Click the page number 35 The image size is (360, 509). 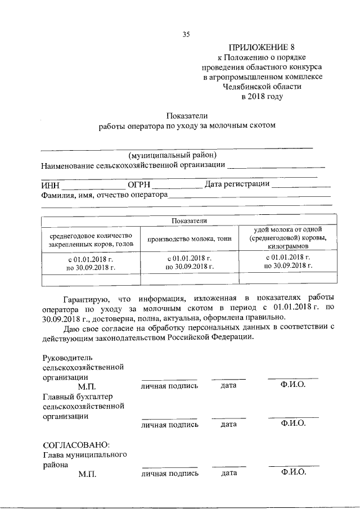pos(186,35)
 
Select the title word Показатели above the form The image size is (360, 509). pos(186,115)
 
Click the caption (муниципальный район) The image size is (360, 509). pos(172,155)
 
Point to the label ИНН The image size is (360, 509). pos(50,185)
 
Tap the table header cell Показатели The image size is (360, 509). pos(189,221)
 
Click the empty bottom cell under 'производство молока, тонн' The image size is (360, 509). pos(189,280)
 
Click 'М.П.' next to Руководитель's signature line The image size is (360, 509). pos(88,386)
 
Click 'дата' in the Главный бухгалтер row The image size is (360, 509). pos(228,424)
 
